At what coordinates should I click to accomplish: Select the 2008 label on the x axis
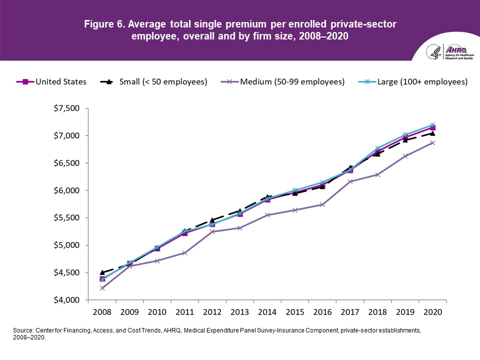(102, 312)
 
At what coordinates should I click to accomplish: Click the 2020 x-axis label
(432, 312)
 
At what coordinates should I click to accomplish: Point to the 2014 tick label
(267, 312)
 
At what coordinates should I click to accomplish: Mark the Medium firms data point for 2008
(102, 288)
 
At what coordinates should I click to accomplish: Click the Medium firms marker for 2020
(432, 143)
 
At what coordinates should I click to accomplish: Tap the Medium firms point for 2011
(184, 253)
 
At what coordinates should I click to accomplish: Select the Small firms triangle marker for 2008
(102, 272)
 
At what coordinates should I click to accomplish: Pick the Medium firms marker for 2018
(377, 175)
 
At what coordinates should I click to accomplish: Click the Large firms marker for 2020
(432, 125)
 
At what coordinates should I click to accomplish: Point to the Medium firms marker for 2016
(322, 204)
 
